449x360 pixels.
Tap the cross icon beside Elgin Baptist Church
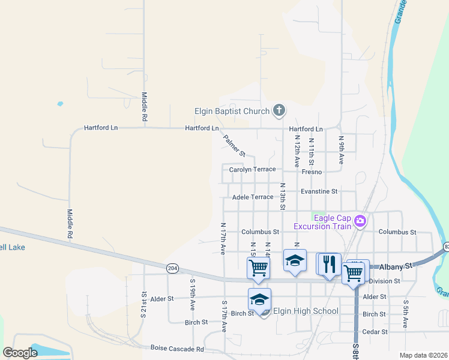(279, 110)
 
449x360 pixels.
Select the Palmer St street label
(234, 146)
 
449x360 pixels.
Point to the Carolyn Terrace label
(252, 170)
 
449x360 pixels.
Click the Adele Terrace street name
(252, 197)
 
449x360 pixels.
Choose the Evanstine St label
(319, 191)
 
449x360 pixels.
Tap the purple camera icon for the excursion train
(360, 221)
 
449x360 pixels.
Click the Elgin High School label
(306, 311)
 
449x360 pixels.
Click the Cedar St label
(374, 331)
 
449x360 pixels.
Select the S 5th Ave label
(406, 314)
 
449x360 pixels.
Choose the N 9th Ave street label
(341, 150)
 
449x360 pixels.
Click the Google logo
(20, 353)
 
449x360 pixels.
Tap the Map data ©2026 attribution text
(422, 355)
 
